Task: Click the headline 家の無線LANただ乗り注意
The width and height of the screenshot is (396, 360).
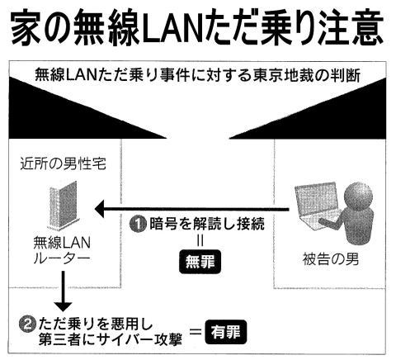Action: tap(197, 28)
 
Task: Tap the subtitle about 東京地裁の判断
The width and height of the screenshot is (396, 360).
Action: tap(198, 75)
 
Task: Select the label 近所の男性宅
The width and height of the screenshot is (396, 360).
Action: tap(63, 164)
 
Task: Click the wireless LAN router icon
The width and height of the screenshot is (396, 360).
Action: tap(64, 206)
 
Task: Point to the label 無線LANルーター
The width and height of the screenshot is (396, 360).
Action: tap(62, 251)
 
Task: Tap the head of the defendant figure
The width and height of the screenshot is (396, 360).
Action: tap(358, 197)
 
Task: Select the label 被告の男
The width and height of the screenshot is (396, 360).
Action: tap(331, 259)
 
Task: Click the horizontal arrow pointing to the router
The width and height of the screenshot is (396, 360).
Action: tap(191, 210)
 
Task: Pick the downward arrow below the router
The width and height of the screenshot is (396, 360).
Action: tap(63, 291)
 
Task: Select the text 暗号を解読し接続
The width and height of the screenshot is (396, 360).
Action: tap(207, 224)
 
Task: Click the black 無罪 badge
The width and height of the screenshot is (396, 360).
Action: tap(200, 262)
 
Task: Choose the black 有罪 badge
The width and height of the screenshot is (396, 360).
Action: tap(226, 332)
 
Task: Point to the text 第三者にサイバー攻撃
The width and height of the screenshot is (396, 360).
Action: tap(110, 339)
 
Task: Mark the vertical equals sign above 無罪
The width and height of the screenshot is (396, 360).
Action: tap(200, 241)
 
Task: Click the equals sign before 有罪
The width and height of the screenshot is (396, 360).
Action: tap(196, 332)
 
